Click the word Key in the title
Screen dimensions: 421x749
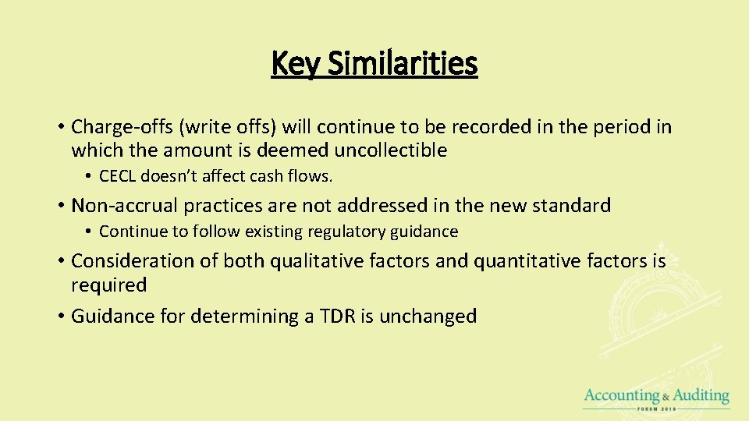point(295,63)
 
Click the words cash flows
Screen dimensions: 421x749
point(300,176)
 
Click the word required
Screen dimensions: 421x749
point(108,285)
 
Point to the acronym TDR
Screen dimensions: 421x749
point(336,317)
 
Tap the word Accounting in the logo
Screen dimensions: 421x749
point(621,396)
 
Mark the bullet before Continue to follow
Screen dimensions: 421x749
point(90,232)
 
